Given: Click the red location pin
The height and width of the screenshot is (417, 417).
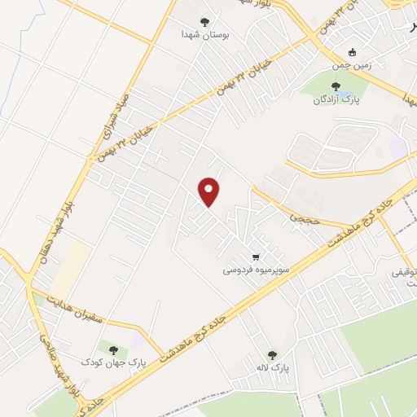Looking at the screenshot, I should (x=209, y=191).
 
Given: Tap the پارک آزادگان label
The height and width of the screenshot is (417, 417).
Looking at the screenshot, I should (x=333, y=100).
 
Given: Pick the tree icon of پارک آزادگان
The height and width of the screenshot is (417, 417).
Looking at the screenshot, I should (x=333, y=86).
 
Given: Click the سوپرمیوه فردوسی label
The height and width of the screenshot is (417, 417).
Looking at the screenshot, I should (x=256, y=267).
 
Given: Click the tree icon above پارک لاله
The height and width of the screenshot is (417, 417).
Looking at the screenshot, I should (x=272, y=355).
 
